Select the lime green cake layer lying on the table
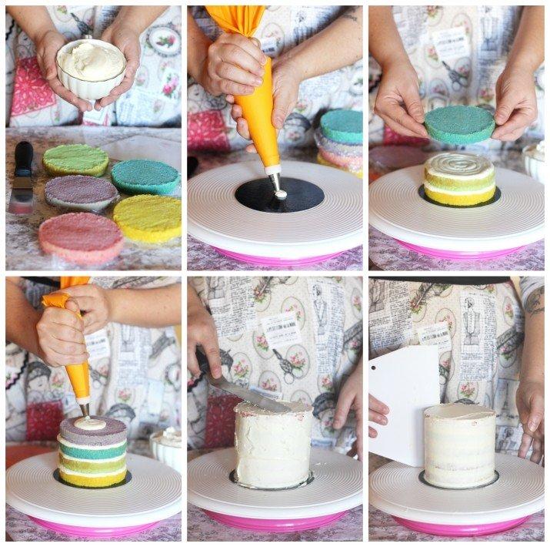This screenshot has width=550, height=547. (75, 159)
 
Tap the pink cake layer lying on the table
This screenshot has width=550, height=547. (81, 234)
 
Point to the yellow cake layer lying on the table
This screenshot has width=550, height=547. (147, 218)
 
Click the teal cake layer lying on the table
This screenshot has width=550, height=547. (145, 176)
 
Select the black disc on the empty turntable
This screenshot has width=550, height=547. (279, 196)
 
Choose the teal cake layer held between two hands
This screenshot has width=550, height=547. (460, 124)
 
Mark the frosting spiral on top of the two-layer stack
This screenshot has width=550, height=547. (458, 164)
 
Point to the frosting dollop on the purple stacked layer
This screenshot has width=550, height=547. (90, 423)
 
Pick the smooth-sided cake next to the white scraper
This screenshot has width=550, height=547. (460, 447)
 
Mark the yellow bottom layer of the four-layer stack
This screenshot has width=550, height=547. (92, 477)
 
